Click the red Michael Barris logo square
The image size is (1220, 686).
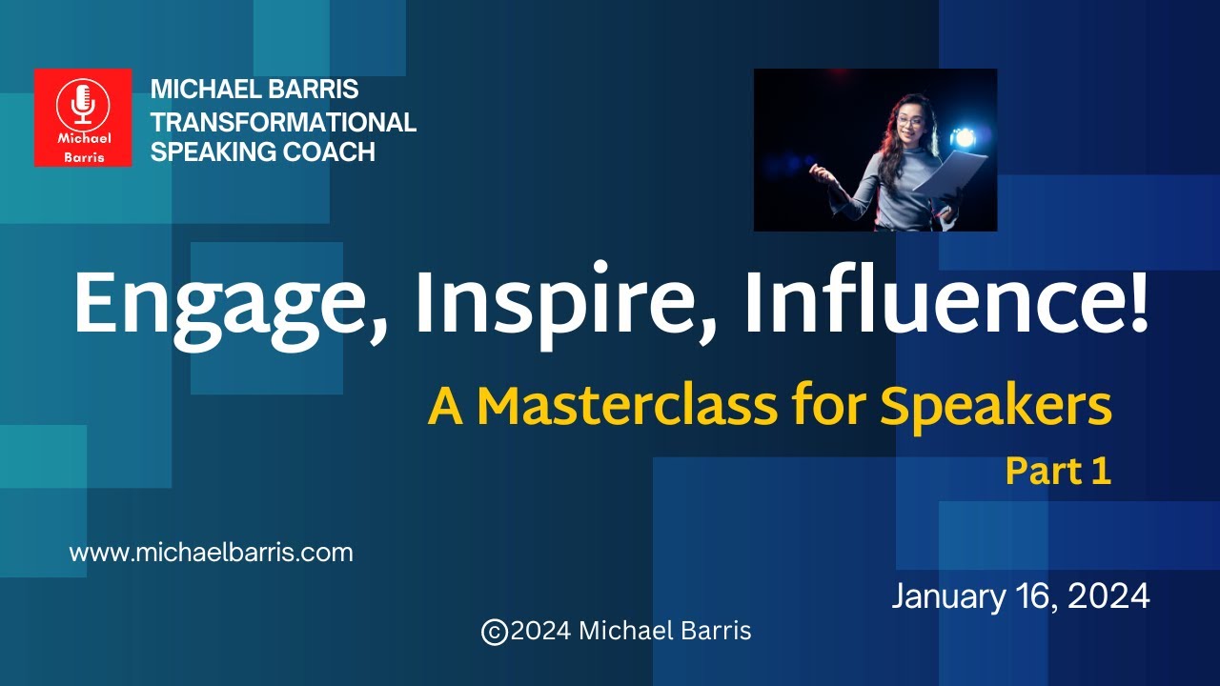[83, 117]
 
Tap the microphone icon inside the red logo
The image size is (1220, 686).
[83, 103]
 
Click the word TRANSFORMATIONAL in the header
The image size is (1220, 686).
[283, 122]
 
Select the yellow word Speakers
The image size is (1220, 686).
[995, 406]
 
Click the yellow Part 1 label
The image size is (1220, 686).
[1058, 472]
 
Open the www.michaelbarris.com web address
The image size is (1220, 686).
[211, 553]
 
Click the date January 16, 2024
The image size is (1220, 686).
[1020, 596]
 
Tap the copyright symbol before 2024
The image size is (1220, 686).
[494, 632]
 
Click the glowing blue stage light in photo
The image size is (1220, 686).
[965, 137]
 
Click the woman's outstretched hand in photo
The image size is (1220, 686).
[817, 171]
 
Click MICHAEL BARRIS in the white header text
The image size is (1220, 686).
[254, 91]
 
